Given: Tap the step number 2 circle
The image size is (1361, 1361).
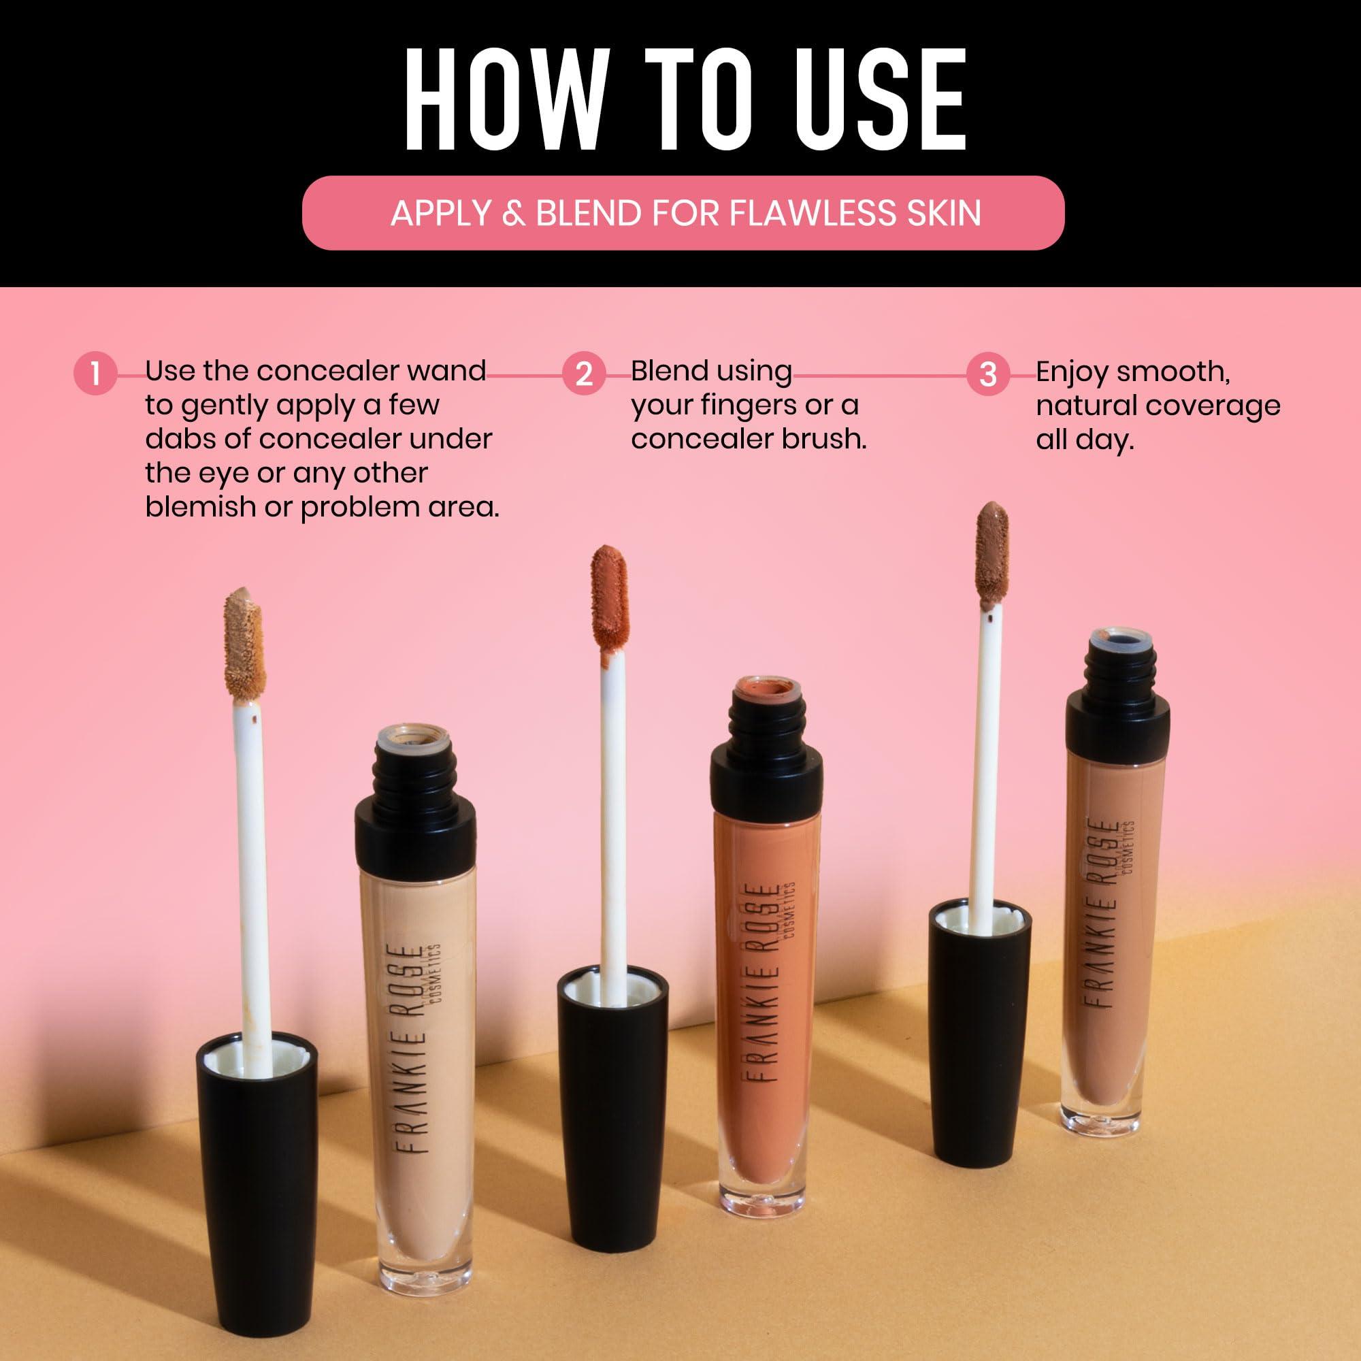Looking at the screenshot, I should [x=584, y=374].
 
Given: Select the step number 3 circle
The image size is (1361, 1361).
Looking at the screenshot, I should [x=988, y=374].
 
